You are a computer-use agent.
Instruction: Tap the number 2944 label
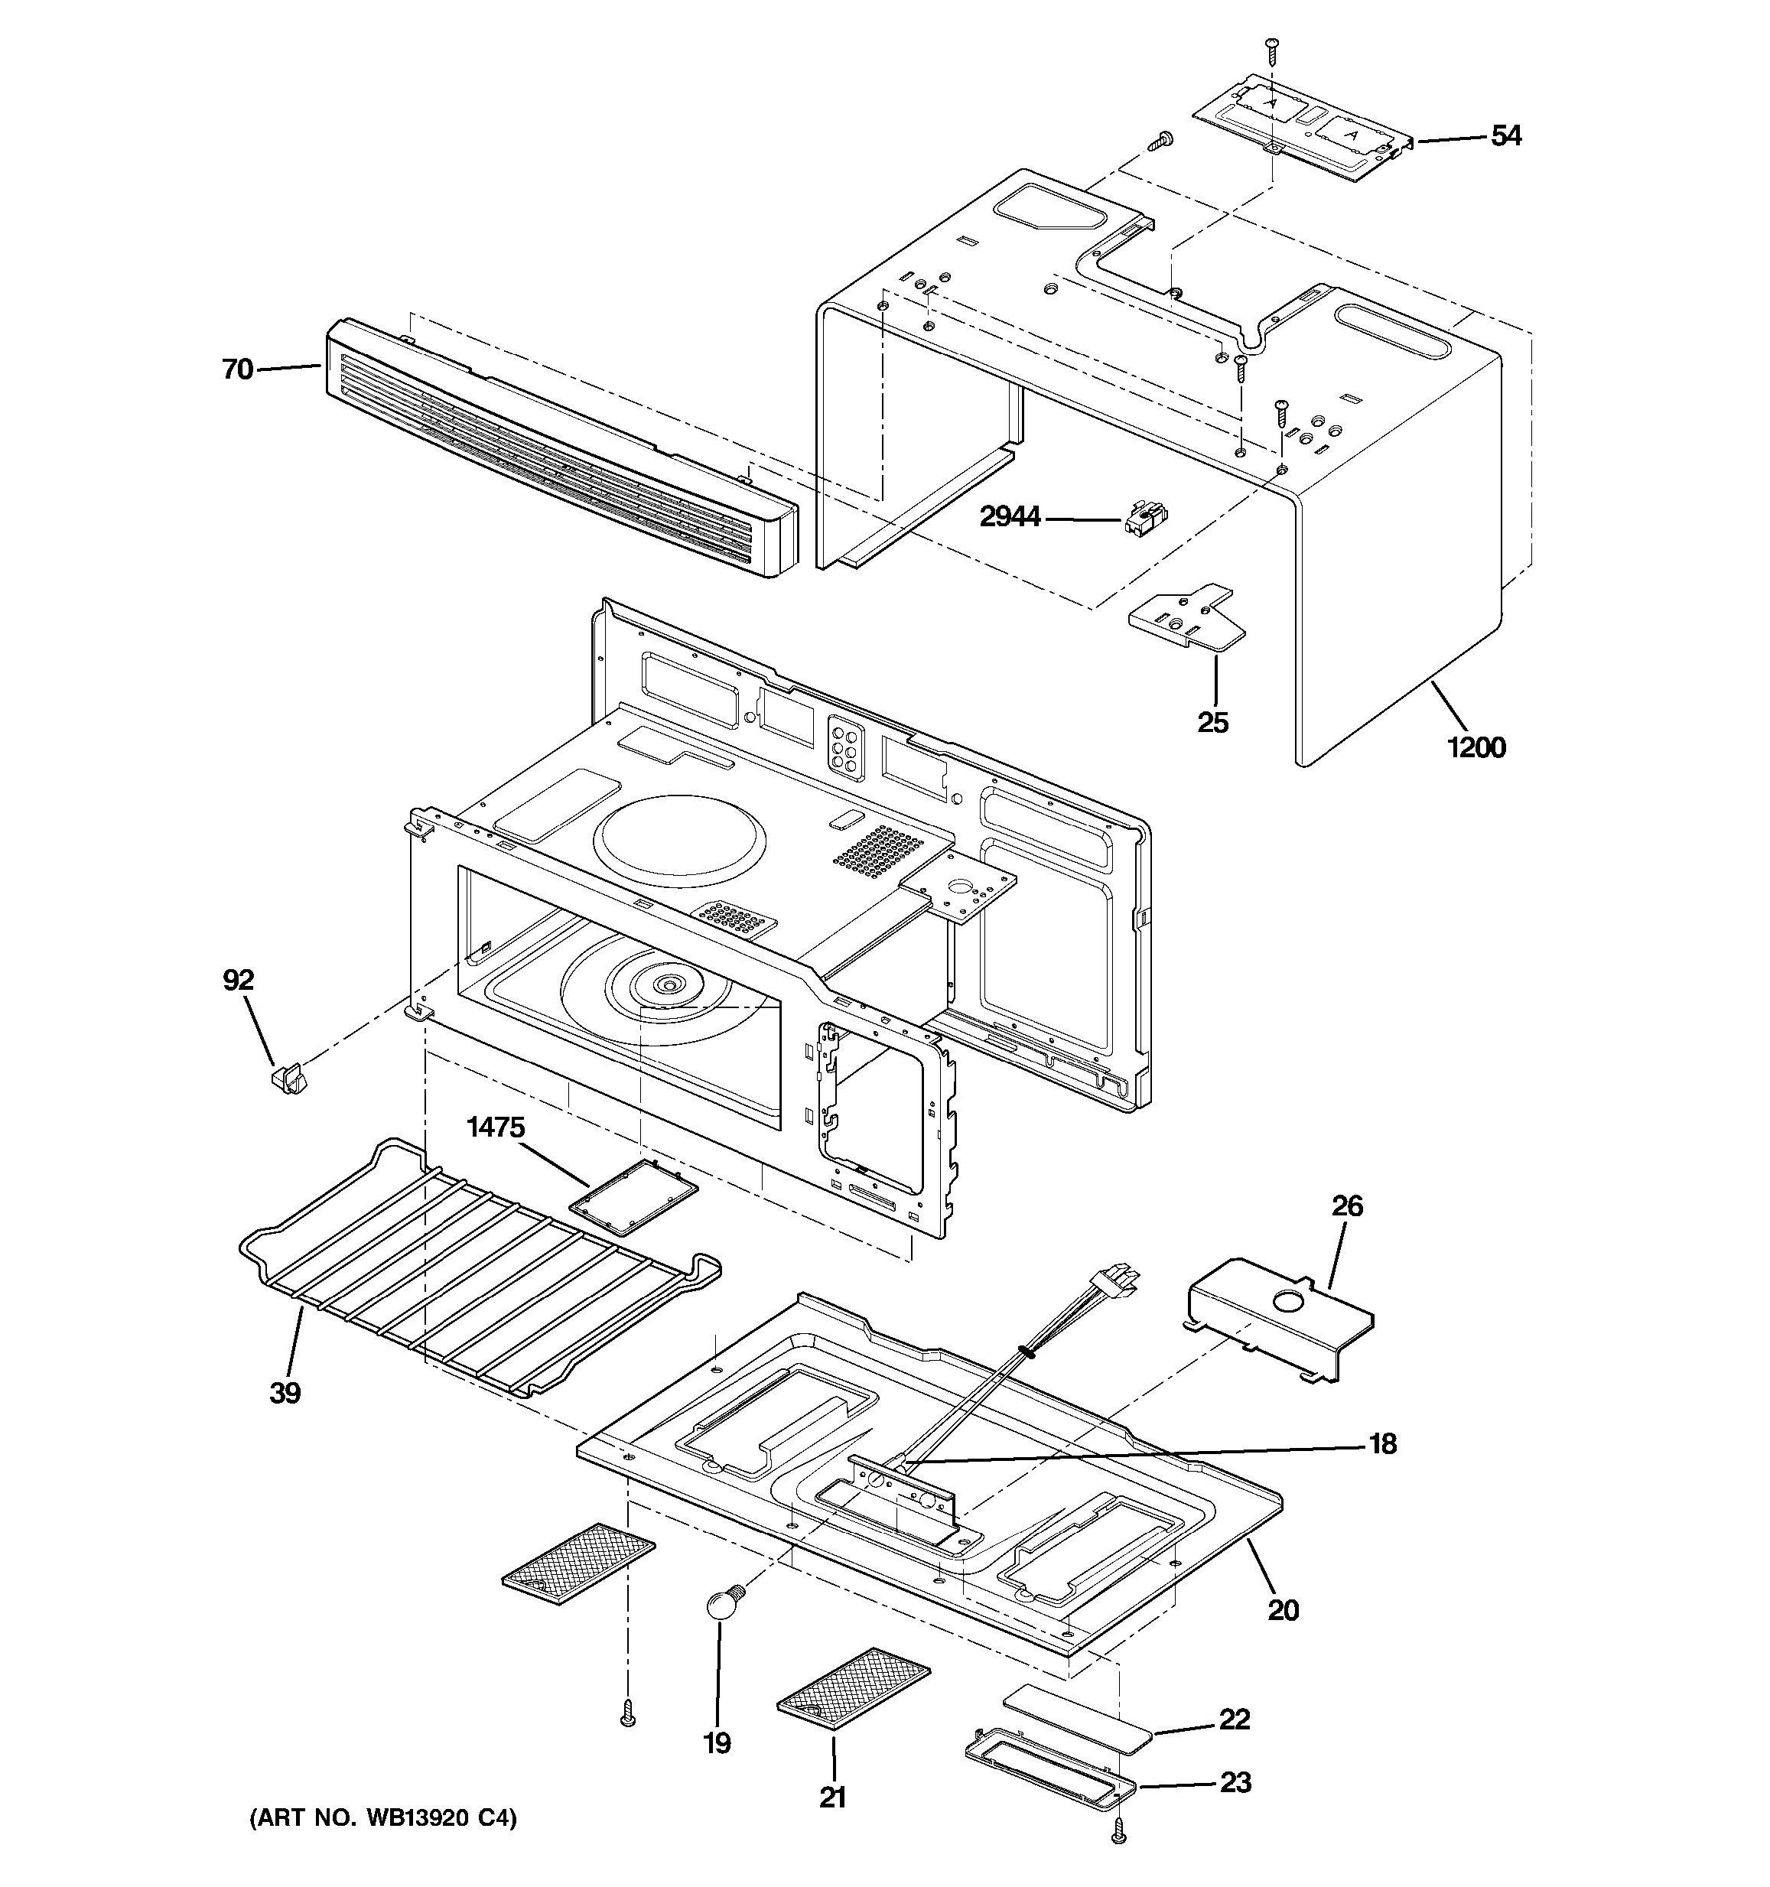click(x=1010, y=517)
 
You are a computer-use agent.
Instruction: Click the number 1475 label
click(x=494, y=1127)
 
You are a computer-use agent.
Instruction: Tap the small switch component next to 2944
click(x=1143, y=519)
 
